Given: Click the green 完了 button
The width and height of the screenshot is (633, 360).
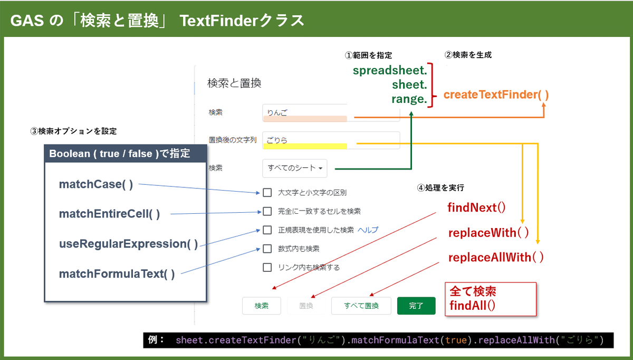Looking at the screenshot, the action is coord(416,306).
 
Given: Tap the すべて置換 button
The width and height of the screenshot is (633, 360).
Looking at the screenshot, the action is coord(361,306).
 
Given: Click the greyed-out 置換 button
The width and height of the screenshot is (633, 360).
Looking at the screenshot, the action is coord(306,306).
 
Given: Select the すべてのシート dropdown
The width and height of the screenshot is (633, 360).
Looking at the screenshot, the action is coord(295,168).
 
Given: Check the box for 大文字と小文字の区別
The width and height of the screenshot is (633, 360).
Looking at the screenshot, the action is coord(267,193).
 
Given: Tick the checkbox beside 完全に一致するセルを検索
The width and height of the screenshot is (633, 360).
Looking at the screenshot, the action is coord(267,211).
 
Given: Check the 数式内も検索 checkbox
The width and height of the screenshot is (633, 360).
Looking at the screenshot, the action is coord(267,249).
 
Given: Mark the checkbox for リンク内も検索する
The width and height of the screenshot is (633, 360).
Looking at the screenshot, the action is coord(267,267).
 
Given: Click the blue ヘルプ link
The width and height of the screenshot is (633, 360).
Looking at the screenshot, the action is coord(368,230).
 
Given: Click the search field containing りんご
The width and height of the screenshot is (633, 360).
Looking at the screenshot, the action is coord(331,113).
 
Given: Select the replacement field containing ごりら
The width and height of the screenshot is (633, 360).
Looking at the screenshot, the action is coord(331,140).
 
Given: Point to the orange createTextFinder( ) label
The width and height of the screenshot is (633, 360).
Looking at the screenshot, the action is coord(496,94).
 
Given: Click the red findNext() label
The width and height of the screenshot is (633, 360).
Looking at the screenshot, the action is coord(476,207).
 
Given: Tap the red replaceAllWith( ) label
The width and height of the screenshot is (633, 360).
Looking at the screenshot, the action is coord(496,258).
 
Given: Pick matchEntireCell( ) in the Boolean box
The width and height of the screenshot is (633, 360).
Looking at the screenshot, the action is coord(109,214).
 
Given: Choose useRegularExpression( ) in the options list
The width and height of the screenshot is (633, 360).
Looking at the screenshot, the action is coord(128,244).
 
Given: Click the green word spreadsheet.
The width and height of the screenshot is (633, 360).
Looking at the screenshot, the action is coord(390,70).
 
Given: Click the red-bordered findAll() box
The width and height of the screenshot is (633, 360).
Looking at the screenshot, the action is coord(491,299).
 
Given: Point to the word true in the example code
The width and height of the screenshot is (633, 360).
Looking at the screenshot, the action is coord(456,339).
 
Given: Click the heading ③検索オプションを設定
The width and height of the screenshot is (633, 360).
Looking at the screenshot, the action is coord(73,131).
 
